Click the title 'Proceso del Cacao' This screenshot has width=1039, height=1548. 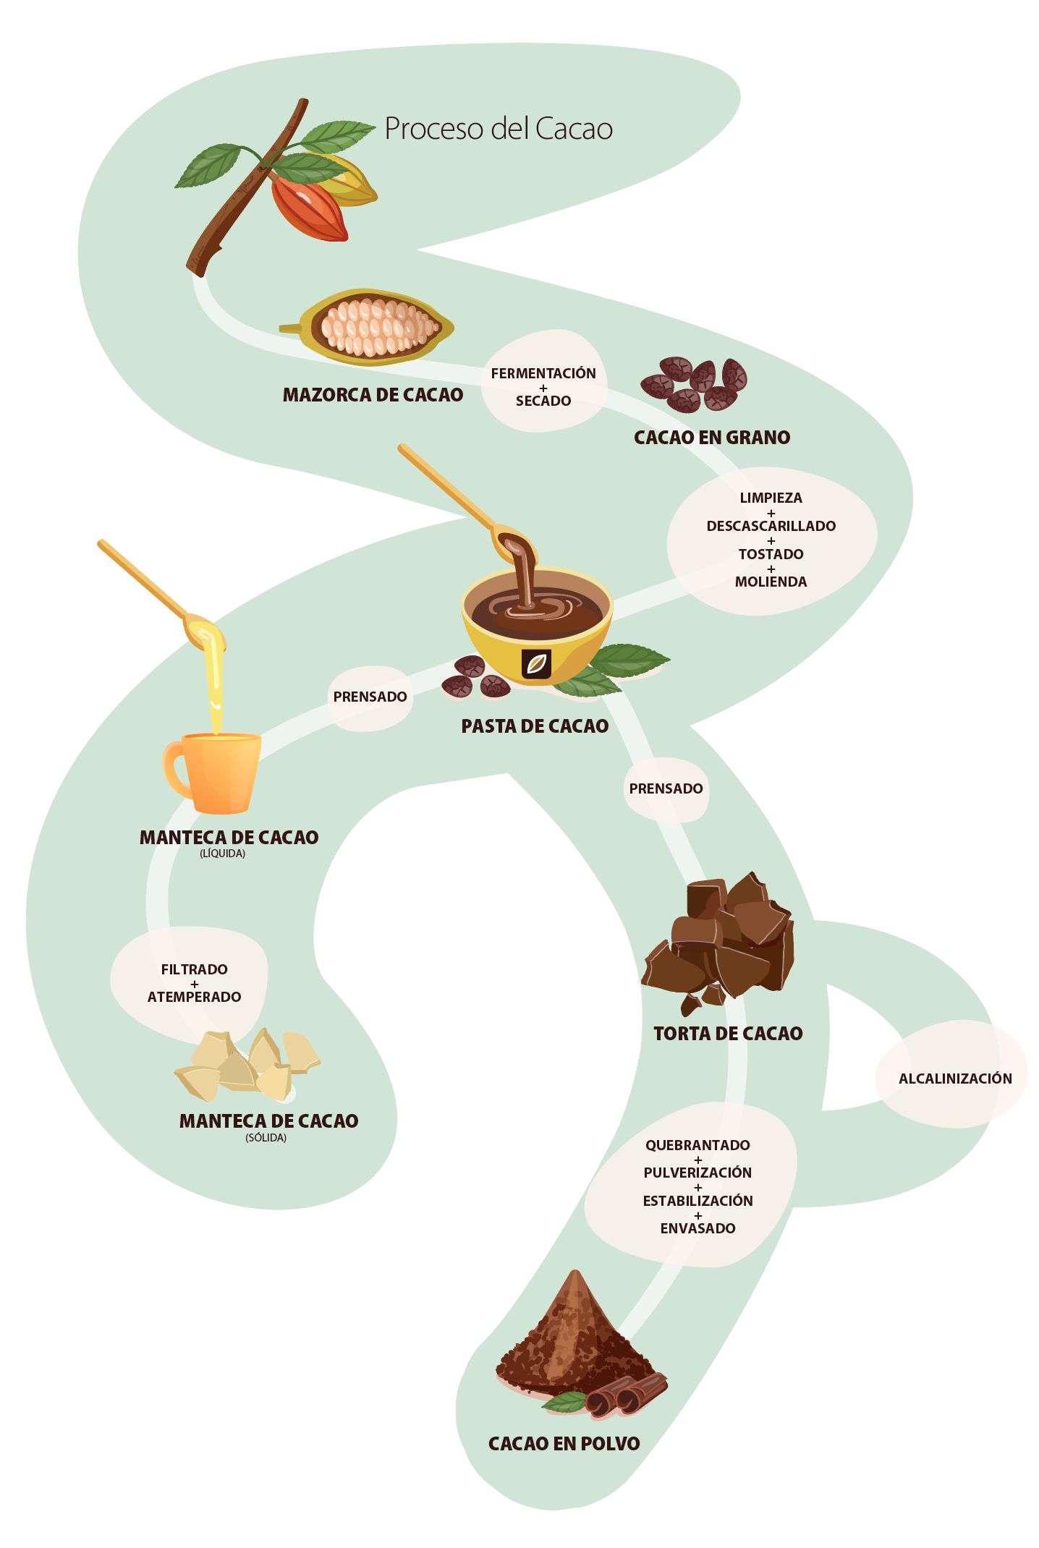[x=499, y=129]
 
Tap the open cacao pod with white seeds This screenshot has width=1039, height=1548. [x=373, y=327]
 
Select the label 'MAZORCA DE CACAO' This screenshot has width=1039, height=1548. [x=373, y=395]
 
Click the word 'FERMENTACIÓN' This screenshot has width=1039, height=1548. [x=543, y=373]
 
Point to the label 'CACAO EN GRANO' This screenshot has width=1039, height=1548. [x=712, y=438]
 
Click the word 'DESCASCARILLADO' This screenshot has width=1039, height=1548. [x=771, y=526]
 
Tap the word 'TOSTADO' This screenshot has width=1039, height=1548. [x=771, y=554]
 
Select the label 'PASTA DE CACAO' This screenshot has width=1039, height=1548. [x=535, y=726]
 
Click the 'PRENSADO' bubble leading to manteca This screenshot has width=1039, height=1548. [x=370, y=697]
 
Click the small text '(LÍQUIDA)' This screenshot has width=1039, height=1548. [x=223, y=854]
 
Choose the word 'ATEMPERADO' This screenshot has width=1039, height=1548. [x=194, y=997]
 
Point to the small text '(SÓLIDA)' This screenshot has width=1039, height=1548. [x=266, y=1138]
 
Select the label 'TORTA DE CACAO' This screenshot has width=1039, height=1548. [x=728, y=1034]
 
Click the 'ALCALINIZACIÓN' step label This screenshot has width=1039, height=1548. [x=955, y=1079]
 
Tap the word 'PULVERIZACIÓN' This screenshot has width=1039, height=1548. [x=697, y=1173]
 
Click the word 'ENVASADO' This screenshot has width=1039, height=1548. [x=697, y=1228]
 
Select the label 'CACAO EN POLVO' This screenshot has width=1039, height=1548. [x=564, y=1444]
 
